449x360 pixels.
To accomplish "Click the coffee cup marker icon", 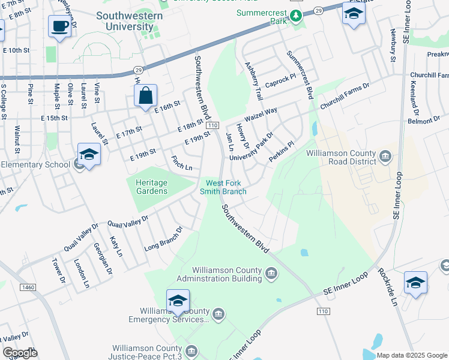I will tap(59, 27).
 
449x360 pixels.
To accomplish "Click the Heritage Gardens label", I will tap(147, 187).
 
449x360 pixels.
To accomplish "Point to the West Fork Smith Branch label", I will tap(226, 187).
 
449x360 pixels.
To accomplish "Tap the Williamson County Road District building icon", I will tap(385, 158).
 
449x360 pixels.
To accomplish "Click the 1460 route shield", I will tap(28, 288).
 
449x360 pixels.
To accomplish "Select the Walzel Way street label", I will tap(261, 114).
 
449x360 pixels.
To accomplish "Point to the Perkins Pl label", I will tap(282, 146).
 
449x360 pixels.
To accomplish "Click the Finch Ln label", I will tap(182, 163).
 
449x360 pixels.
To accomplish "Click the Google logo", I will tap(20, 353).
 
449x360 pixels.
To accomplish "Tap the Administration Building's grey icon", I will tap(272, 274).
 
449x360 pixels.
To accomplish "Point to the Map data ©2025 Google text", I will tap(412, 355).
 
